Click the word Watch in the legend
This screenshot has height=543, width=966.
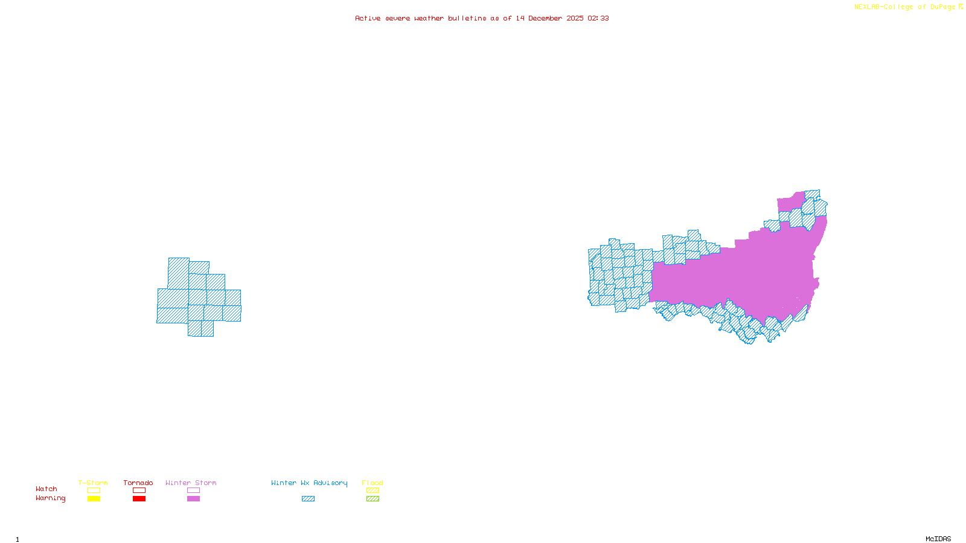[x=46, y=489]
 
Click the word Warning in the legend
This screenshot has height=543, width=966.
[x=50, y=498]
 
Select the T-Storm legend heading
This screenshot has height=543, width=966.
[x=93, y=483]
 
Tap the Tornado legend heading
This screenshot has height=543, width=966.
[x=138, y=483]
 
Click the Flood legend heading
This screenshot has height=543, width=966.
[x=373, y=483]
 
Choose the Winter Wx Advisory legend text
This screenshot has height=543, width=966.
[x=309, y=483]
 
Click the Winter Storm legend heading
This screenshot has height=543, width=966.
[x=191, y=483]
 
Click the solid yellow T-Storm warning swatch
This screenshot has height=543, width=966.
[x=94, y=499]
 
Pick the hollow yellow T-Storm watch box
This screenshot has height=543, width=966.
[x=94, y=491]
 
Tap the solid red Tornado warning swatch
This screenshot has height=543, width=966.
[x=139, y=499]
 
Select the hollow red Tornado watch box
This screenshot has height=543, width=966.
[x=139, y=491]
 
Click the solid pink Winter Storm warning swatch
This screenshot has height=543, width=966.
[x=193, y=499]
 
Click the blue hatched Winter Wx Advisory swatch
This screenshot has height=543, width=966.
[x=308, y=499]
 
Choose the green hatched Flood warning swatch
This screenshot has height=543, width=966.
[x=373, y=499]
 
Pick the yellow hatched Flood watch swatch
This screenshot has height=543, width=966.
[x=373, y=491]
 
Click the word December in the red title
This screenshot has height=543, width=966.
[x=545, y=18]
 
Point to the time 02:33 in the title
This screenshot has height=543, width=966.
[x=598, y=18]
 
